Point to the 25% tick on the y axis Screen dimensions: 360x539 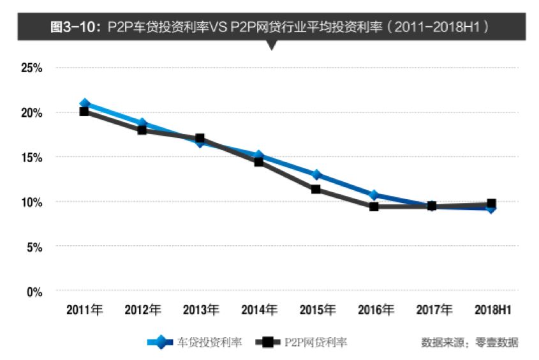coord(31,68)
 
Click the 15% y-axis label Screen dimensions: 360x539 coord(31,157)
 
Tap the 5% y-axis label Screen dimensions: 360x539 coord(33,246)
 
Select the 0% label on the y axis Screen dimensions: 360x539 coord(33,292)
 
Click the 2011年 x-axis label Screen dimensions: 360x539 coord(84,310)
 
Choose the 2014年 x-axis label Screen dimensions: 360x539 coord(259,310)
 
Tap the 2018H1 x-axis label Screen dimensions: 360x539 coord(492,310)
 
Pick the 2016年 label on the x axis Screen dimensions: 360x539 coord(376,310)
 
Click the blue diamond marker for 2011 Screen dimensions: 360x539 coord(84,103)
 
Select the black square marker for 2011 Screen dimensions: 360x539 coord(84,112)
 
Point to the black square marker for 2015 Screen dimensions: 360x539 coord(316,189)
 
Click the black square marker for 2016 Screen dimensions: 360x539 coord(374,206)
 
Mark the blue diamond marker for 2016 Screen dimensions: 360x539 coord(374,195)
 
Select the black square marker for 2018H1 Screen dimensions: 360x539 coord(491,204)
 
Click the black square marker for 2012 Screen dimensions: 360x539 coord(142,130)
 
